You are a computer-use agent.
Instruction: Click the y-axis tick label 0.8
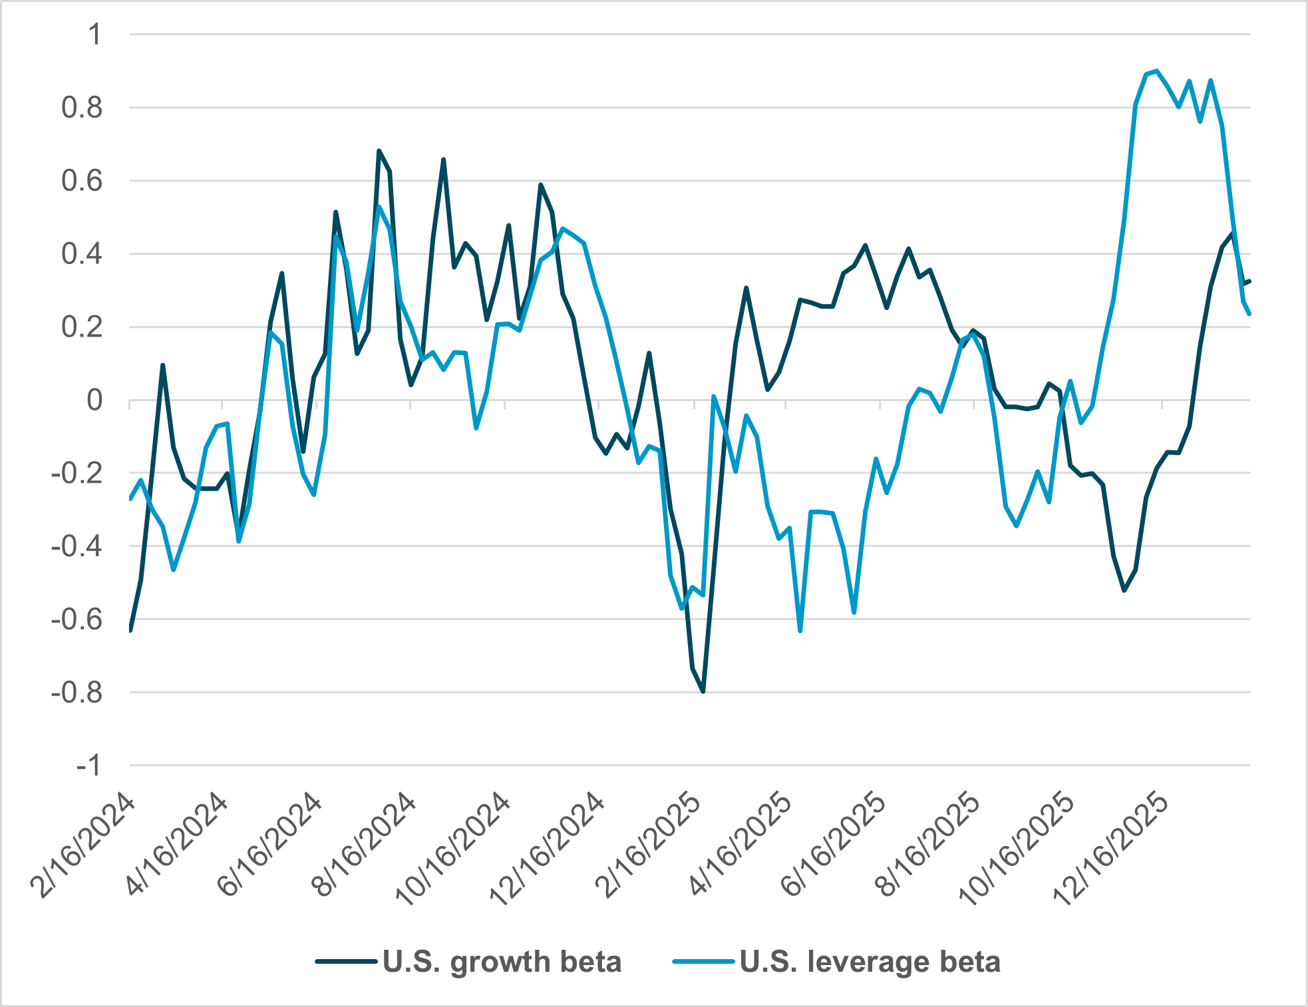(x=82, y=108)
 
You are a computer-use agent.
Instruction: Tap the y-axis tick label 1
(x=94, y=35)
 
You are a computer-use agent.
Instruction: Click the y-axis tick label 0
(x=94, y=400)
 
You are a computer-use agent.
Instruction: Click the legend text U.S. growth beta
(x=502, y=962)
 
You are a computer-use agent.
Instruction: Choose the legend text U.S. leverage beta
(x=870, y=962)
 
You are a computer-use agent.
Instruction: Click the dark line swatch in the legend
(x=346, y=961)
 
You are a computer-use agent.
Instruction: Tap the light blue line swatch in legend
(x=703, y=961)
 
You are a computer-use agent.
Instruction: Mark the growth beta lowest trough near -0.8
(x=703, y=692)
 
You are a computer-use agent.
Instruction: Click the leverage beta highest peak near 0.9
(x=1157, y=71)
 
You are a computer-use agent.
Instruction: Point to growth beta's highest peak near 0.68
(x=379, y=151)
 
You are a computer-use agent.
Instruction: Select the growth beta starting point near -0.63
(x=130, y=630)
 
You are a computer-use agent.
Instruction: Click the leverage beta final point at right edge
(x=1249, y=314)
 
